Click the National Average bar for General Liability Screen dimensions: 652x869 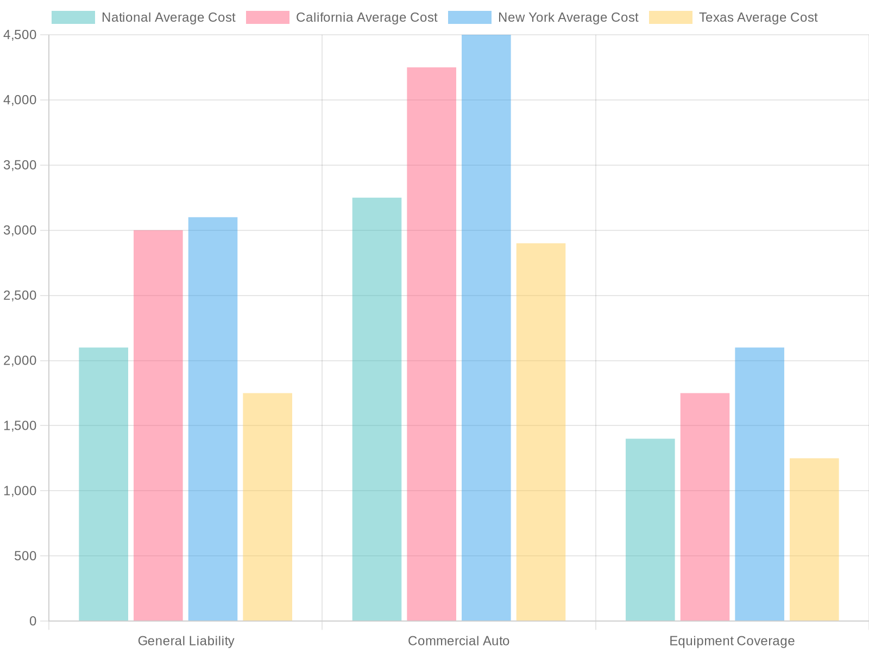103,484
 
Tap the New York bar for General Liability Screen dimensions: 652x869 213,419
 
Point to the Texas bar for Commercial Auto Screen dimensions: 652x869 541,432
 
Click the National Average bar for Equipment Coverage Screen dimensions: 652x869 650,530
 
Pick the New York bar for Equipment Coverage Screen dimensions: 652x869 759,484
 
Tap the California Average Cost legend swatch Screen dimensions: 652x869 268,17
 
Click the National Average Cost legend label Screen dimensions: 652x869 168,17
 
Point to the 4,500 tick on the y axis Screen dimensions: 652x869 20,35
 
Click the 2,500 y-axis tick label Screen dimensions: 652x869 20,296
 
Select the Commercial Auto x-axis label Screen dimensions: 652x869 459,641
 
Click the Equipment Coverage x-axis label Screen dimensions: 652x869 732,641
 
